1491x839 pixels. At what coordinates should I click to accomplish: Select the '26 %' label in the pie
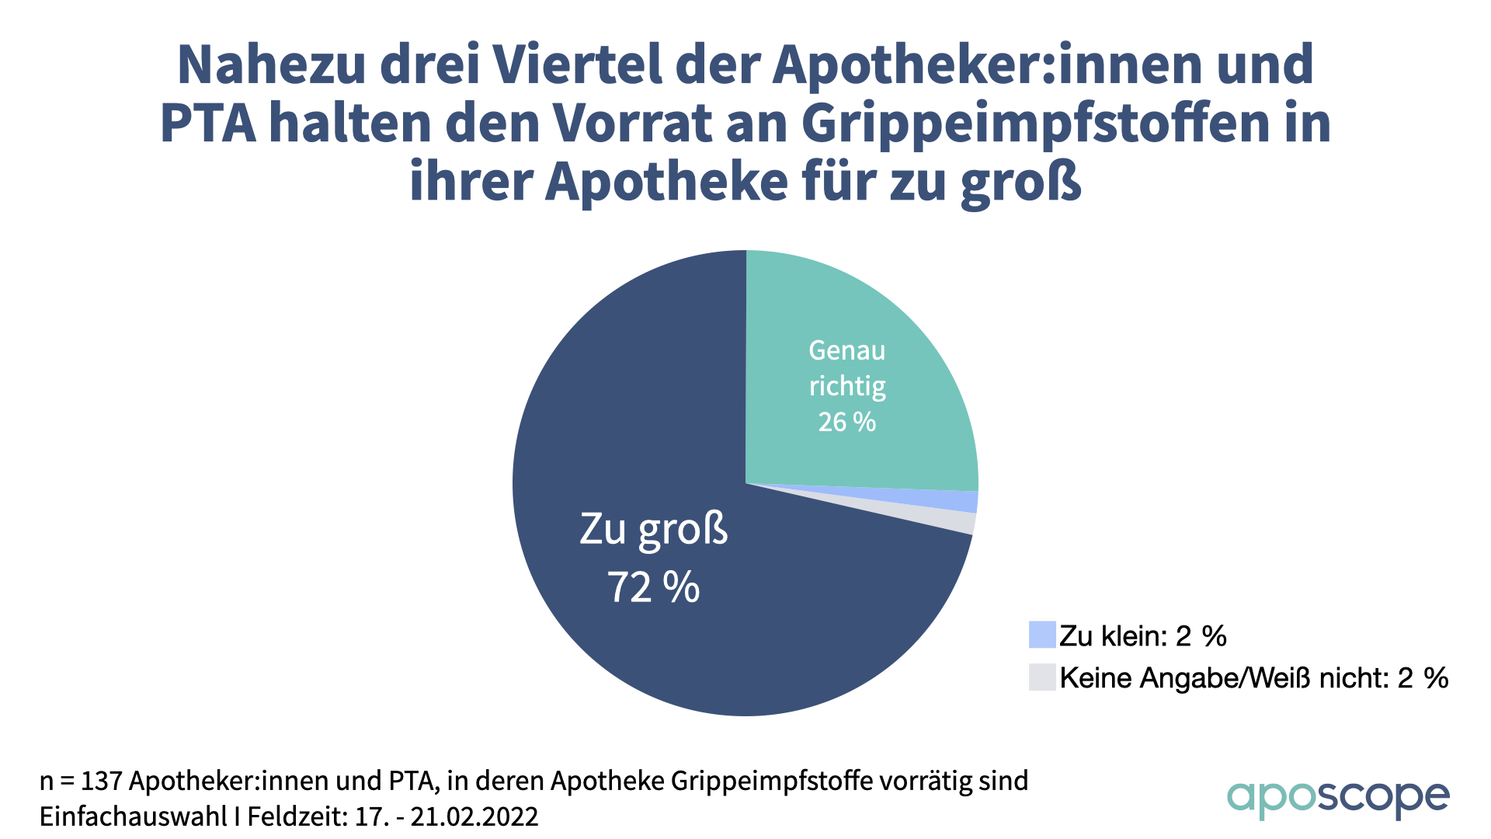846,422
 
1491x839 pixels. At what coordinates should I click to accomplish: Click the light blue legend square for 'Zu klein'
1042,635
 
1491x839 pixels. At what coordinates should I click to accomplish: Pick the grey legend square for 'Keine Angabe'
1042,677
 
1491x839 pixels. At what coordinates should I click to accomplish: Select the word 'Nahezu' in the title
271,65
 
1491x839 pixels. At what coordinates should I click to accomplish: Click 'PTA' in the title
208,124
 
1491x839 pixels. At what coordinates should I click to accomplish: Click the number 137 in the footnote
101,781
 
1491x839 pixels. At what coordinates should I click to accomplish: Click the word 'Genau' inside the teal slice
846,350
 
